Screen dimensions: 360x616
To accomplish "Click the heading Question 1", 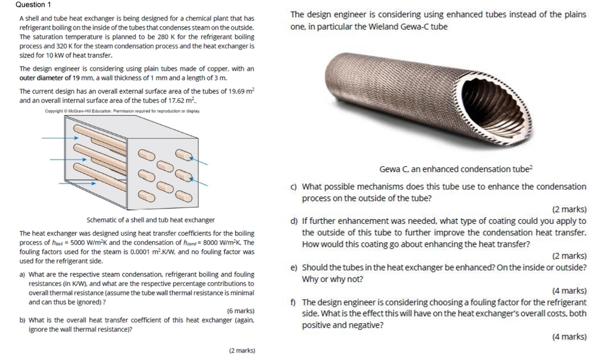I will (33, 5).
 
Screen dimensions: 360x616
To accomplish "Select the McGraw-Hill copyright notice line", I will (122, 111).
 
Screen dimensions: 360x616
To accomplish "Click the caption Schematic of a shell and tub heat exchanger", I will (151, 220).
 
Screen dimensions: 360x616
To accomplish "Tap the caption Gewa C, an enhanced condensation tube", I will (456, 169).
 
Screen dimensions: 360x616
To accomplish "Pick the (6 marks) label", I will (240, 311).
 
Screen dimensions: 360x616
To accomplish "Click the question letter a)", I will (22, 274).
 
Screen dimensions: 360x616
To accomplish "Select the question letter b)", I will (22, 320).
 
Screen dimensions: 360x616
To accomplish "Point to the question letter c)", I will (293, 187).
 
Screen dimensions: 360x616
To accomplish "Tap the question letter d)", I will (293, 221).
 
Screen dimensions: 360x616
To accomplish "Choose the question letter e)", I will (293, 268).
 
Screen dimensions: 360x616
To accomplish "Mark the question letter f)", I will (293, 302).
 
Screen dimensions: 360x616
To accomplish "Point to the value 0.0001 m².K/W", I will (153, 252).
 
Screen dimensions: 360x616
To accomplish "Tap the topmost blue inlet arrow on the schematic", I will (60, 138).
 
